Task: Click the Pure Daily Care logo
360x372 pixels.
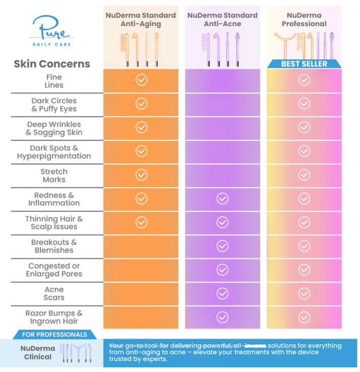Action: (x=51, y=32)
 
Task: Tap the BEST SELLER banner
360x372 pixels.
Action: (x=304, y=64)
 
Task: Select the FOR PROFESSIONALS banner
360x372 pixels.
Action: (x=54, y=334)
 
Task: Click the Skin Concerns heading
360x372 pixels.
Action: (x=52, y=64)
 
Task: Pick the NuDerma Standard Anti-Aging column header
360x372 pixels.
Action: (x=140, y=20)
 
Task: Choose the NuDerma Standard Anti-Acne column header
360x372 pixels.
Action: (x=222, y=20)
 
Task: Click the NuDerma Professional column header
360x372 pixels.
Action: (x=304, y=20)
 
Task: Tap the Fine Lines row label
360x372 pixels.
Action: (x=53, y=81)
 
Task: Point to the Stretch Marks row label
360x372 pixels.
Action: (x=53, y=175)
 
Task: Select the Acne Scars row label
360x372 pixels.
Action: (x=53, y=293)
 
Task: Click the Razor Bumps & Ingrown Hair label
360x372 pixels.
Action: (x=53, y=317)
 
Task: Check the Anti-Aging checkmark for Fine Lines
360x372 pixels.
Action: (x=141, y=80)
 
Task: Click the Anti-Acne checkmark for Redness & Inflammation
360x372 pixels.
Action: (x=222, y=198)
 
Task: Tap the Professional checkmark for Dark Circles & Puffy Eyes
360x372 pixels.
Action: (x=304, y=103)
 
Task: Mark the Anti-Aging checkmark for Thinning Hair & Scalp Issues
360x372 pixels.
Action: (x=141, y=222)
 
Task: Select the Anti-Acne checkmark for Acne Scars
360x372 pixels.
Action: (x=222, y=293)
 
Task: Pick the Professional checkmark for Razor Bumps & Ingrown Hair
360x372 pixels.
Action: (x=304, y=317)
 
